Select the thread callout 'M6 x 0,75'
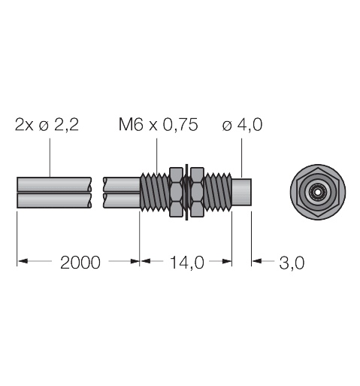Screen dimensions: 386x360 (158, 125)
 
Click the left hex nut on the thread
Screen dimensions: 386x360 (175, 193)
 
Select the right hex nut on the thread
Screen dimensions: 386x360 (193, 193)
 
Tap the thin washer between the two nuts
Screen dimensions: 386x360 (184, 193)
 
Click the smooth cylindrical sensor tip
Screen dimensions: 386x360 (242, 193)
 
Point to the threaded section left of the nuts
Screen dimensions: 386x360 (154, 193)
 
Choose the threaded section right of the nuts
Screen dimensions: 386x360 (215, 193)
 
